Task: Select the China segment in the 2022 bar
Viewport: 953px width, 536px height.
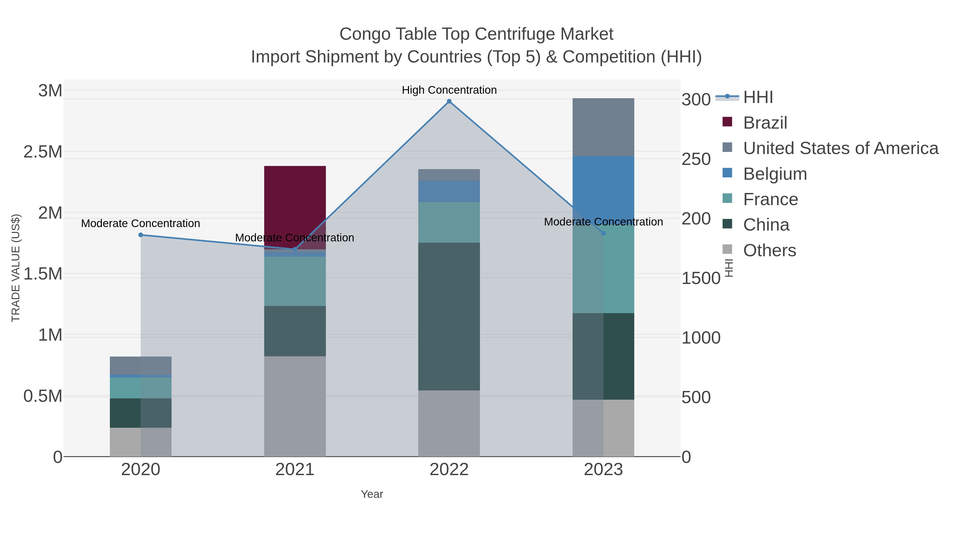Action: coord(449,316)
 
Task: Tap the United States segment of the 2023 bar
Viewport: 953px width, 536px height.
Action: coord(603,127)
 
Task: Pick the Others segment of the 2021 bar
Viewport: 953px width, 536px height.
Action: coord(295,406)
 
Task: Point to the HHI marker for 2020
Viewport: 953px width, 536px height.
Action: coord(141,235)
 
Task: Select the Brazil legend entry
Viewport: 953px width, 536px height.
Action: coord(765,123)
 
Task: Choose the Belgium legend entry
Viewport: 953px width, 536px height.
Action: coord(775,174)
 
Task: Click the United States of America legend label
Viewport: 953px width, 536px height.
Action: coord(840,148)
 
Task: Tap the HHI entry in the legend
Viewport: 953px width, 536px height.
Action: coord(758,97)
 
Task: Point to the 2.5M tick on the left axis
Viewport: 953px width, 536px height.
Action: coord(43,152)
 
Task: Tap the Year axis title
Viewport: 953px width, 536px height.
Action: coord(372,494)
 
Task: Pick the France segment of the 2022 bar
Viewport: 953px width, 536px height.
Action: coord(449,222)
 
